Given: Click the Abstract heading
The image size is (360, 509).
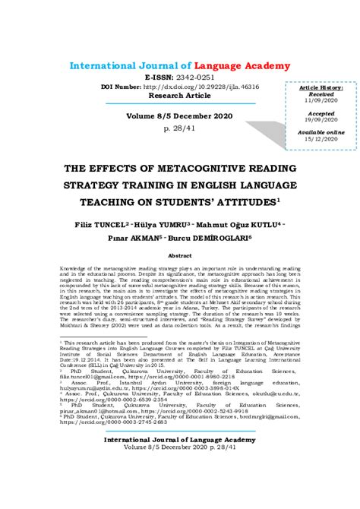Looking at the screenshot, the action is (180, 255).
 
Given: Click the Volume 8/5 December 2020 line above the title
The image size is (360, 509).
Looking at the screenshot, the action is (180, 116).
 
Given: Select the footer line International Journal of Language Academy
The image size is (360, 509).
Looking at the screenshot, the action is (180, 461).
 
